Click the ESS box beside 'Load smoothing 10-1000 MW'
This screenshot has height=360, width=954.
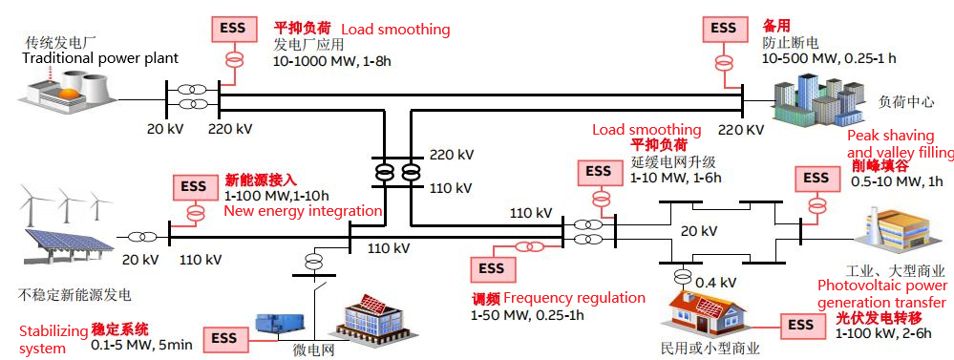[233, 28]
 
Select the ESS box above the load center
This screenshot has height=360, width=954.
[724, 28]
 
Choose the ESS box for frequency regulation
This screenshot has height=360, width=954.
[492, 267]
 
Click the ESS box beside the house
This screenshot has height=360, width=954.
[800, 326]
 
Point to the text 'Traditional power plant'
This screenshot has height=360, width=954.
[100, 58]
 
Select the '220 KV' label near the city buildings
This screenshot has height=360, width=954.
[740, 130]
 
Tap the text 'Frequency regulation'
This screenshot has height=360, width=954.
[574, 298]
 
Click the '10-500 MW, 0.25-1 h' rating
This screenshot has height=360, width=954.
[829, 58]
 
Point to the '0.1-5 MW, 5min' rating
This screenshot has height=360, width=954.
[141, 346]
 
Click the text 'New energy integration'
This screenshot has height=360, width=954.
[303, 212]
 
